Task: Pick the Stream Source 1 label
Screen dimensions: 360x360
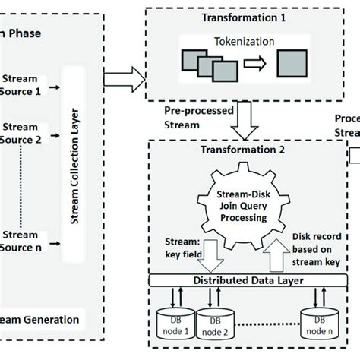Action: (23, 84)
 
